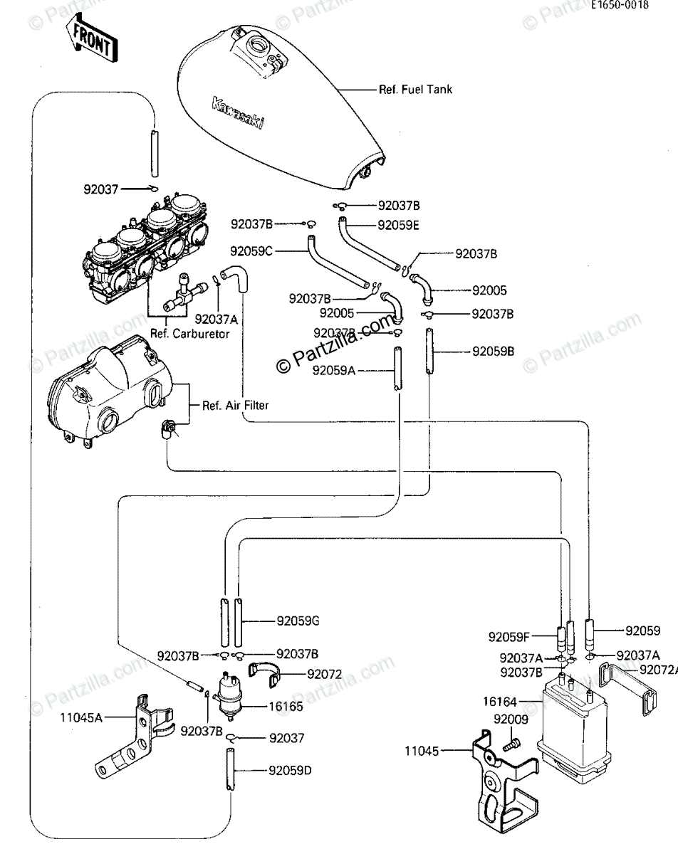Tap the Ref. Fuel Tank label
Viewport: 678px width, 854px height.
415,90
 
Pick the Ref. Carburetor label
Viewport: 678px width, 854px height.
190,334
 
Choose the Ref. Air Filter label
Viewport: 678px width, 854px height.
235,406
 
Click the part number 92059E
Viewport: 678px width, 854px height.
399,225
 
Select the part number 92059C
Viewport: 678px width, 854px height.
251,251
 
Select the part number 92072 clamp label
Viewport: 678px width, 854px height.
325,673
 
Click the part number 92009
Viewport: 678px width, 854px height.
511,719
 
